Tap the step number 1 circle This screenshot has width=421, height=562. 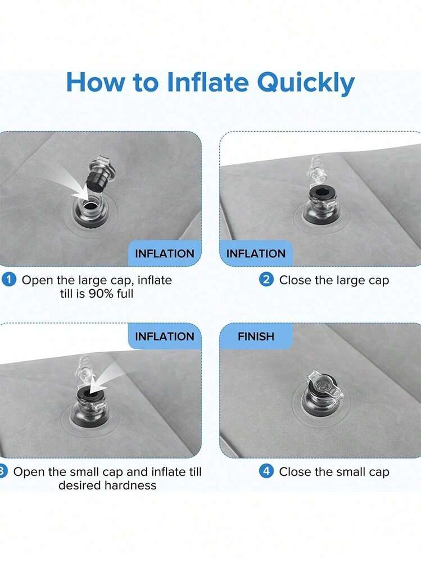(x=9, y=280)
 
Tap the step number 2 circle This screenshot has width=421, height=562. (x=266, y=280)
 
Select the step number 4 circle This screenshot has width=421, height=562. (x=266, y=471)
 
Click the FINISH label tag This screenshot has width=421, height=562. (x=256, y=336)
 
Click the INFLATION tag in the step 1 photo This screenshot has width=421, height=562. (x=165, y=253)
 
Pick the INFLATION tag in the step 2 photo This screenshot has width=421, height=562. (x=256, y=253)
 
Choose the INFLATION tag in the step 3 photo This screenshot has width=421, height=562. (x=165, y=336)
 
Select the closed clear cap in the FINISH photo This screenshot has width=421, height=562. (x=323, y=386)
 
